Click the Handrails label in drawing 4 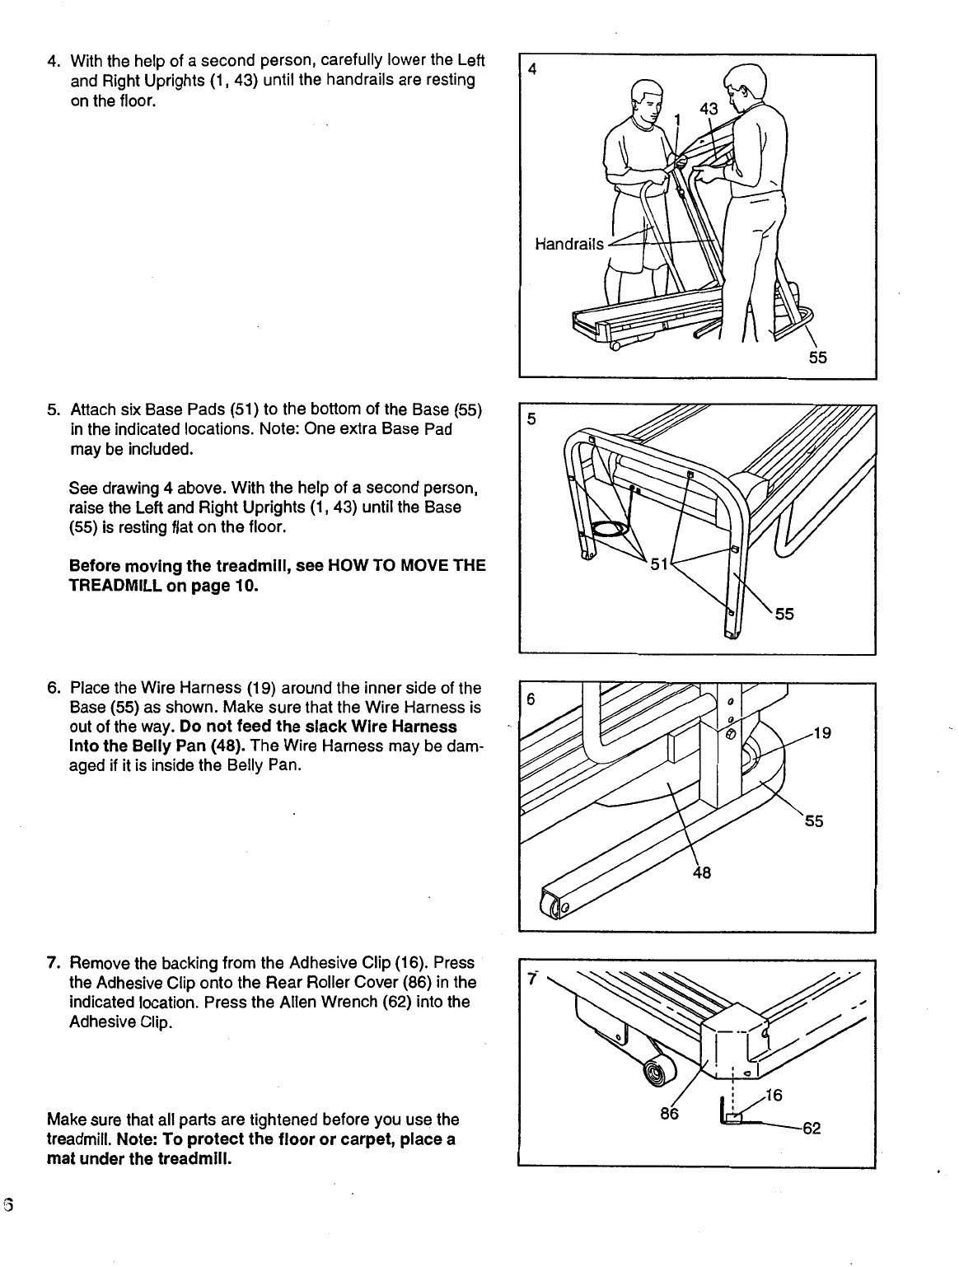[x=569, y=245]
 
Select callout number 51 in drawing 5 [x=659, y=564]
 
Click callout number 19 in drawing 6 [x=822, y=733]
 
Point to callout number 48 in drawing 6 [x=702, y=873]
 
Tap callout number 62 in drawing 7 [x=812, y=1128]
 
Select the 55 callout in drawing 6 [x=814, y=821]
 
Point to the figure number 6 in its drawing [x=531, y=699]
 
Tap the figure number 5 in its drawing [x=531, y=419]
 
